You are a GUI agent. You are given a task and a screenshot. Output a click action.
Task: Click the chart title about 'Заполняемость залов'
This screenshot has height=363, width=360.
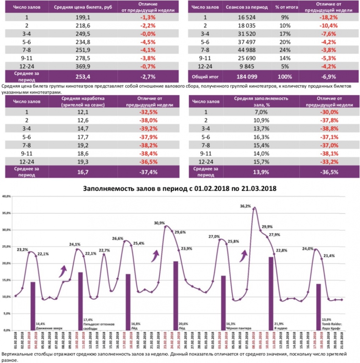179,189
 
